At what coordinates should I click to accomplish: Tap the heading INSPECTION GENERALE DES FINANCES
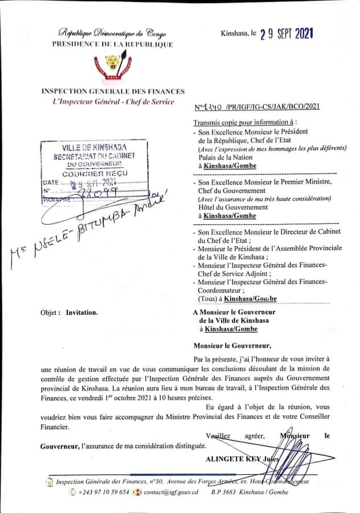coord(113,91)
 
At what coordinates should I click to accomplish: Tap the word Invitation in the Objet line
coord(81,312)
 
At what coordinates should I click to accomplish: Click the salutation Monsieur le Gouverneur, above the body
coord(232,345)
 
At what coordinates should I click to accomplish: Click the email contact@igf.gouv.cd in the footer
coord(170,492)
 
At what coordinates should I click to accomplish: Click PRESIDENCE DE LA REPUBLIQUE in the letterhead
coord(113,44)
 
